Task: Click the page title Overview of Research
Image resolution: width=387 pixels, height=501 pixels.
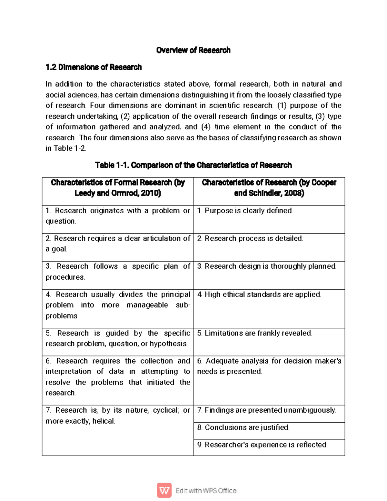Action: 193,50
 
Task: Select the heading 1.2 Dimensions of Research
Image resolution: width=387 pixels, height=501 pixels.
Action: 94,67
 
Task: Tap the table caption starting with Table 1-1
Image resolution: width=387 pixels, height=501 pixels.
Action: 193,165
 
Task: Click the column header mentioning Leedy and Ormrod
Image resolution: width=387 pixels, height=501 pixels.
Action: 118,188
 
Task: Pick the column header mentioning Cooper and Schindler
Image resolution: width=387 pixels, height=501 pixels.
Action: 269,188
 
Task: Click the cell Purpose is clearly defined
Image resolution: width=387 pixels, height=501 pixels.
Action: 245,211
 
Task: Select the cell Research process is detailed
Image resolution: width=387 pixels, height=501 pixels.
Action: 250,238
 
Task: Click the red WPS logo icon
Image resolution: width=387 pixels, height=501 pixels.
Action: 164,490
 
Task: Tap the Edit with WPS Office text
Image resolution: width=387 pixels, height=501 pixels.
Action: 206,491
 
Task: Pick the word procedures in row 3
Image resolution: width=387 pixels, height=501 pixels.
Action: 65,277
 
